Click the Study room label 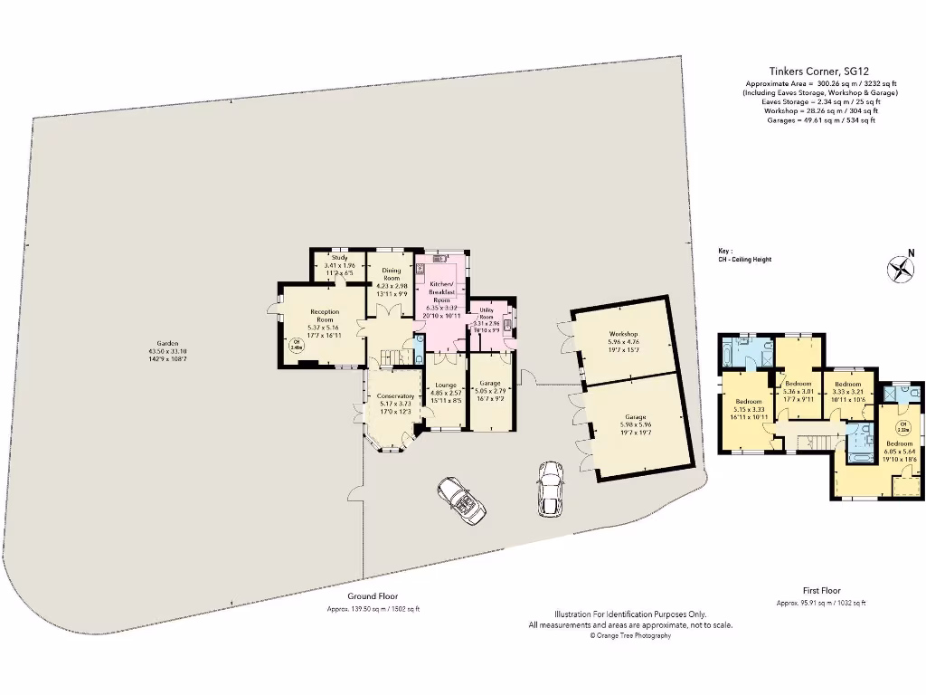(339, 258)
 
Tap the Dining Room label (391, 274)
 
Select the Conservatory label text (395, 397)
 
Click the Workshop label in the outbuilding (623, 334)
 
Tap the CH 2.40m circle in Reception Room (296, 344)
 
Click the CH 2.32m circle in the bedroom (902, 427)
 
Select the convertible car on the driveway (461, 500)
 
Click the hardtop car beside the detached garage (549, 490)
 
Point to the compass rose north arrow (899, 269)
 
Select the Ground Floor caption (373, 596)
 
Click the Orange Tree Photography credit (630, 636)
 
